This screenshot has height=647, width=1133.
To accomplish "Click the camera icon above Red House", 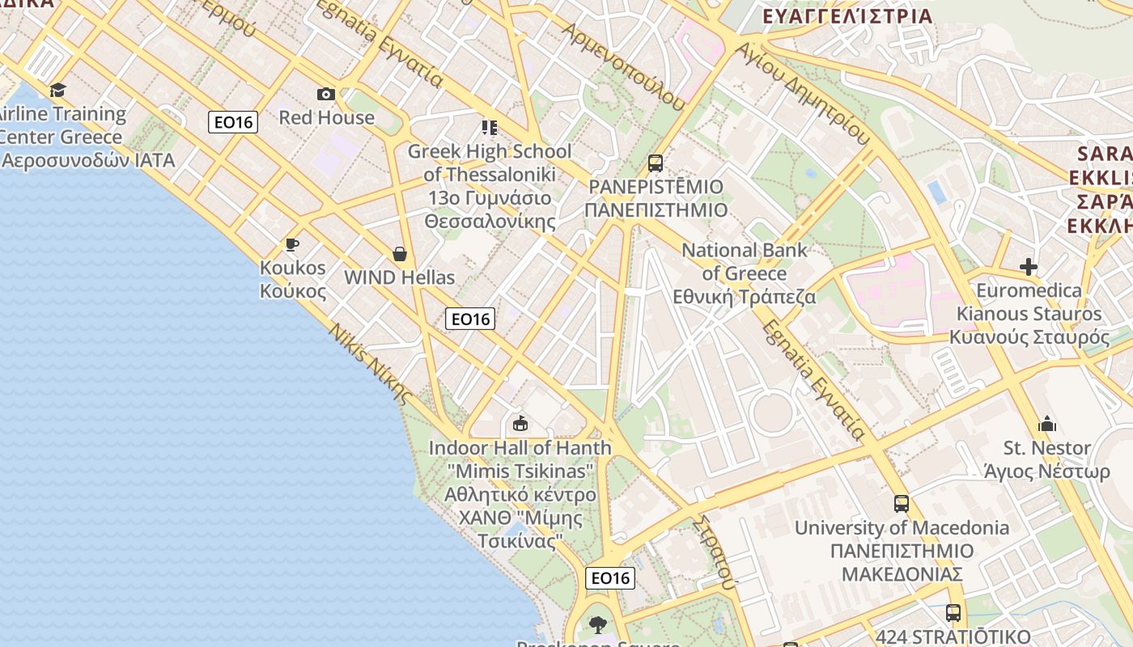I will click(326, 94).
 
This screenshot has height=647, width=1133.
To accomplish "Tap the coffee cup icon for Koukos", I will click(292, 244).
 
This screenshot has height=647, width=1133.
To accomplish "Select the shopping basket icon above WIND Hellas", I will click(400, 254).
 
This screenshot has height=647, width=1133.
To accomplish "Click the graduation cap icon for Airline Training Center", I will click(57, 90).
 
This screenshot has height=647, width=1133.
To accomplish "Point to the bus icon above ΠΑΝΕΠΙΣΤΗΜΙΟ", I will click(656, 163).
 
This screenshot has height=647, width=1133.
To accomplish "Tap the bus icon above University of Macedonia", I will click(902, 504).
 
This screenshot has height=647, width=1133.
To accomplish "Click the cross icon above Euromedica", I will click(1029, 266).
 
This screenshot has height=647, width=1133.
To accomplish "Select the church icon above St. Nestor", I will click(1047, 424).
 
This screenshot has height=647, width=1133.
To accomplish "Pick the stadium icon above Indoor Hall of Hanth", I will click(520, 423).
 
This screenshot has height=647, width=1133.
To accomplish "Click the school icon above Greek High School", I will click(489, 127).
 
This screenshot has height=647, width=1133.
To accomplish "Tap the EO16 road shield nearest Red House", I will click(233, 122).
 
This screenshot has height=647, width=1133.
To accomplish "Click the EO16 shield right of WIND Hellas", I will click(470, 319).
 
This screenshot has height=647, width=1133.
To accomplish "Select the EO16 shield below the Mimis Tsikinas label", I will click(610, 577).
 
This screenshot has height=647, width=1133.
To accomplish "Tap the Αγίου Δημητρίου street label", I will click(803, 93).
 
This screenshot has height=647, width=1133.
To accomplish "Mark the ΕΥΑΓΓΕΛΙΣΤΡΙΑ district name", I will click(847, 15).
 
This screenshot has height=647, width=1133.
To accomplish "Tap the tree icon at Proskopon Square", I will click(598, 624).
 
